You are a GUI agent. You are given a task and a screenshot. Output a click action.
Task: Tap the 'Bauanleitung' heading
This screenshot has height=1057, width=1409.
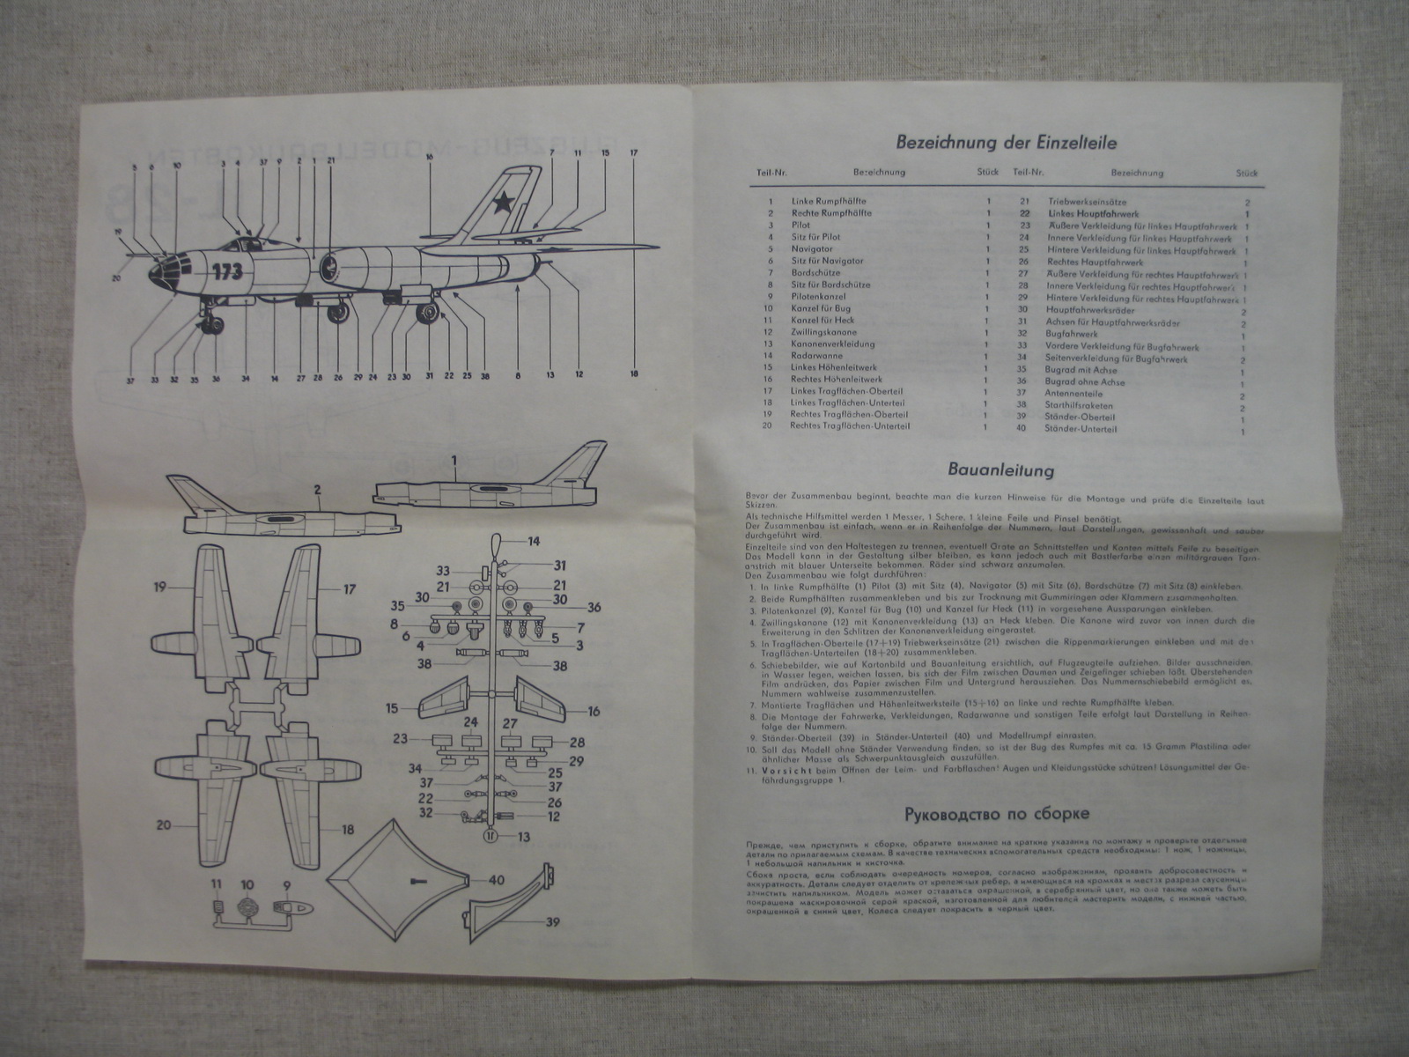point(1000,471)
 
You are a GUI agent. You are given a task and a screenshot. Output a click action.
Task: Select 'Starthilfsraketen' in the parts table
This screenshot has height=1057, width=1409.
point(1079,406)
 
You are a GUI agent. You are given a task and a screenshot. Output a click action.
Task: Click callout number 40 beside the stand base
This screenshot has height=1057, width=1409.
point(497,879)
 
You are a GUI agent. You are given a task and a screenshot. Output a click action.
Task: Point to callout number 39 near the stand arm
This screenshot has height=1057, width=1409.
point(553,947)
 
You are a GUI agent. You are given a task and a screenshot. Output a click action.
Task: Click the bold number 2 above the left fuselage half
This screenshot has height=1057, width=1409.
point(317,489)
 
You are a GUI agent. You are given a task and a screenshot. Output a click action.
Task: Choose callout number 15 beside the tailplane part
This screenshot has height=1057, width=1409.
point(391,708)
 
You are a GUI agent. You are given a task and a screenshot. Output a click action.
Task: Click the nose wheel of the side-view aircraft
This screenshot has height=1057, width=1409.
point(212,327)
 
